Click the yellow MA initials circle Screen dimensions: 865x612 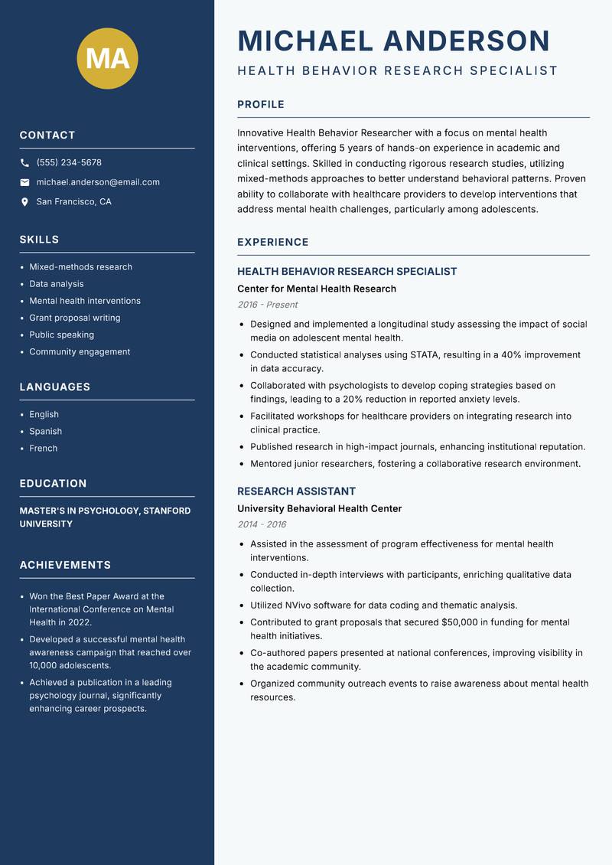[x=108, y=58]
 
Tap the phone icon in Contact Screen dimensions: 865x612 [x=24, y=162]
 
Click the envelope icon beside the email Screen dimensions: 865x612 [x=24, y=182]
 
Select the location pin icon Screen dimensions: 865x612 [x=24, y=202]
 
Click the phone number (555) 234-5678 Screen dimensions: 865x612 [x=69, y=162]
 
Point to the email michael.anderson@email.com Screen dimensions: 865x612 [x=98, y=182]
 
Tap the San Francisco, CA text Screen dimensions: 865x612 [x=73, y=202]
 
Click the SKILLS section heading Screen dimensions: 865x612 [x=39, y=240]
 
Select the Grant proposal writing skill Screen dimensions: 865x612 [x=75, y=318]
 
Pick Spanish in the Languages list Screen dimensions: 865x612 [x=46, y=432]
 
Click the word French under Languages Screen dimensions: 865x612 [x=44, y=449]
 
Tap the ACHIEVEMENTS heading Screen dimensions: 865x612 [x=65, y=565]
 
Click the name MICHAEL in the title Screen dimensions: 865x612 [x=305, y=41]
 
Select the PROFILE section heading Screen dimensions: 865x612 [x=261, y=105]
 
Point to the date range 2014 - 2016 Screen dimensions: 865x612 [x=262, y=524]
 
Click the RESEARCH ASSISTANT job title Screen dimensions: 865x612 [x=296, y=491]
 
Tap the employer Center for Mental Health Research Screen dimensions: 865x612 [x=317, y=289]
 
